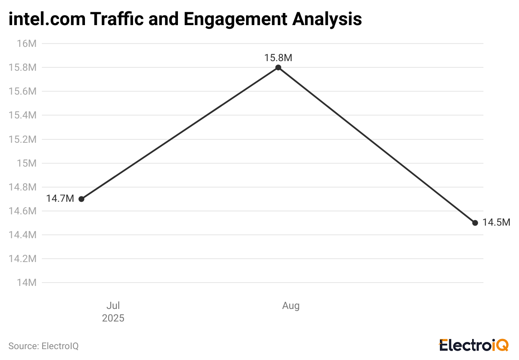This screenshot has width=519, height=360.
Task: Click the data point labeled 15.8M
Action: pos(278,67)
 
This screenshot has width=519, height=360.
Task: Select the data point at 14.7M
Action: pos(82,199)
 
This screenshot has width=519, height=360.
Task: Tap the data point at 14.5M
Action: pos(475,223)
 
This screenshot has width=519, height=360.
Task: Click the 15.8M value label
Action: pos(278,58)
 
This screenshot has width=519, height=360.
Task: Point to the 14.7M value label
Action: pos(60,198)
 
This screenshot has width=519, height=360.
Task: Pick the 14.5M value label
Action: pos(496,223)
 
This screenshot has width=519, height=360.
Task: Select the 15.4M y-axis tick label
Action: pos(23,115)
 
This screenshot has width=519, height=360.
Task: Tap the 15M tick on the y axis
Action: pos(27,163)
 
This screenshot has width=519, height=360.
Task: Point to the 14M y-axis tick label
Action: pos(27,283)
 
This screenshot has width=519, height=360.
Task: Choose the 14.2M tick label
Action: pos(23,259)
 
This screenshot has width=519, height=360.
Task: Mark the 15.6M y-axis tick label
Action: pos(23,91)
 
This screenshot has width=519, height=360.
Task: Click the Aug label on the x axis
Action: pos(291,306)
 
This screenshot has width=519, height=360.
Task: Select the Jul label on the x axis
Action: pos(113,306)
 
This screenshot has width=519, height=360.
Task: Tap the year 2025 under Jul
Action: pos(113,318)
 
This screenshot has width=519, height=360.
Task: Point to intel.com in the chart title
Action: pos(45,19)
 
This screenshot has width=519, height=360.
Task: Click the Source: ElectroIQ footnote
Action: pos(44,346)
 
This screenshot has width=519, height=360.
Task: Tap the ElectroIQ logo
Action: pos(473,345)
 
